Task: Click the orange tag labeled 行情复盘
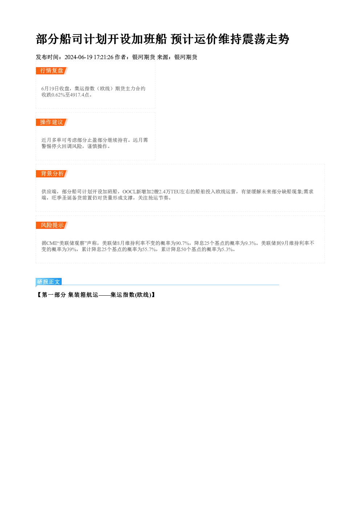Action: coord(52,71)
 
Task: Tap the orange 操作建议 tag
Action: coord(52,122)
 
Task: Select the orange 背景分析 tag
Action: coord(52,174)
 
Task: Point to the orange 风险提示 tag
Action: coord(52,225)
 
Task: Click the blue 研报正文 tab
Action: coord(49,282)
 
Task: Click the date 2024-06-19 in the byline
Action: coord(78,57)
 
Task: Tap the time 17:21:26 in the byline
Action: coord(103,57)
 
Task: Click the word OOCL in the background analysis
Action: coord(129,192)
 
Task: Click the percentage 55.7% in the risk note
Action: coord(149,250)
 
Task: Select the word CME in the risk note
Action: coord(52,243)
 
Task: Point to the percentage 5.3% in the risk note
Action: coord(227,250)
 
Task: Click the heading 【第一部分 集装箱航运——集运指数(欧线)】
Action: coord(96,295)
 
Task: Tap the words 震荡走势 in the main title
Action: coord(265,39)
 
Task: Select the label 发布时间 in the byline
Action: coord(47,57)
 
